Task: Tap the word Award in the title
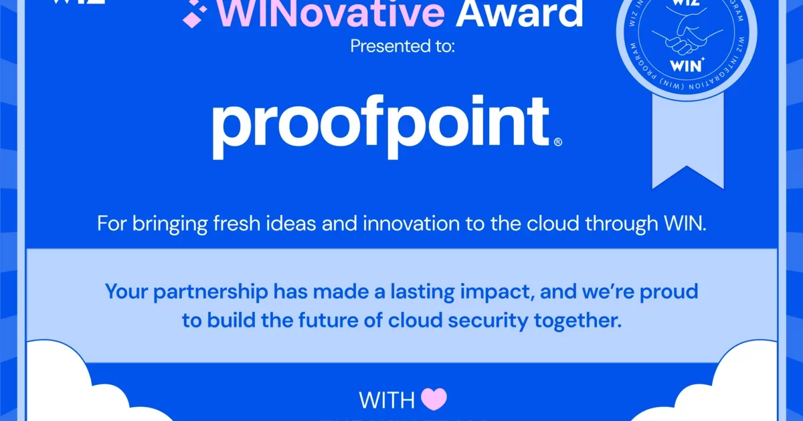coord(519,13)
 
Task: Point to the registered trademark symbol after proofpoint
coord(558,142)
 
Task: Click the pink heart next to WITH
coord(434,400)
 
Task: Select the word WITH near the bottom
coord(387,400)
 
